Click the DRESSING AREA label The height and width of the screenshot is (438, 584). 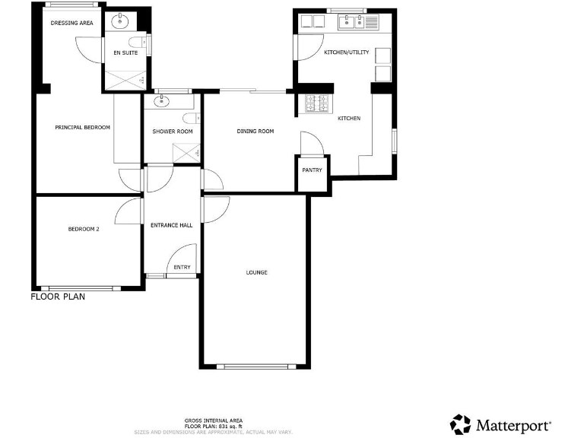tap(71, 24)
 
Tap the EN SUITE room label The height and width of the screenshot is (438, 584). tap(125, 53)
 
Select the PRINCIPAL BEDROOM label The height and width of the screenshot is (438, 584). tap(83, 127)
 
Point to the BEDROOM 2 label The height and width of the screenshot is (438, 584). tap(84, 228)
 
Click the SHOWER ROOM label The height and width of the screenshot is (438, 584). tap(173, 132)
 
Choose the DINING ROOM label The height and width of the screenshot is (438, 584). tap(255, 132)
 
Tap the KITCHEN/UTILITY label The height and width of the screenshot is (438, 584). tap(346, 52)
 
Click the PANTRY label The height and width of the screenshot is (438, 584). tap(312, 170)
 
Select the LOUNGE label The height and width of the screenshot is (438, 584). tap(256, 272)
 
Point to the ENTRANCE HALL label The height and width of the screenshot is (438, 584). tap(171, 225)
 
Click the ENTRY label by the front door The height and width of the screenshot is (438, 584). tap(182, 267)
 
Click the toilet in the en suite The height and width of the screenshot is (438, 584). tap(135, 42)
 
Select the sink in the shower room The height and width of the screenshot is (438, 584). tap(161, 100)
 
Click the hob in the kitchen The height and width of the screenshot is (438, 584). tap(316, 103)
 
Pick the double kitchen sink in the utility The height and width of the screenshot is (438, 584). tap(351, 22)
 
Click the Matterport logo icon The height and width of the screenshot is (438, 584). tap(461, 424)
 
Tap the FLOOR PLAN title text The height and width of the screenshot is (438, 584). tap(58, 297)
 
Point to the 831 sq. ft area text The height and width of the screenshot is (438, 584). tap(224, 426)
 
